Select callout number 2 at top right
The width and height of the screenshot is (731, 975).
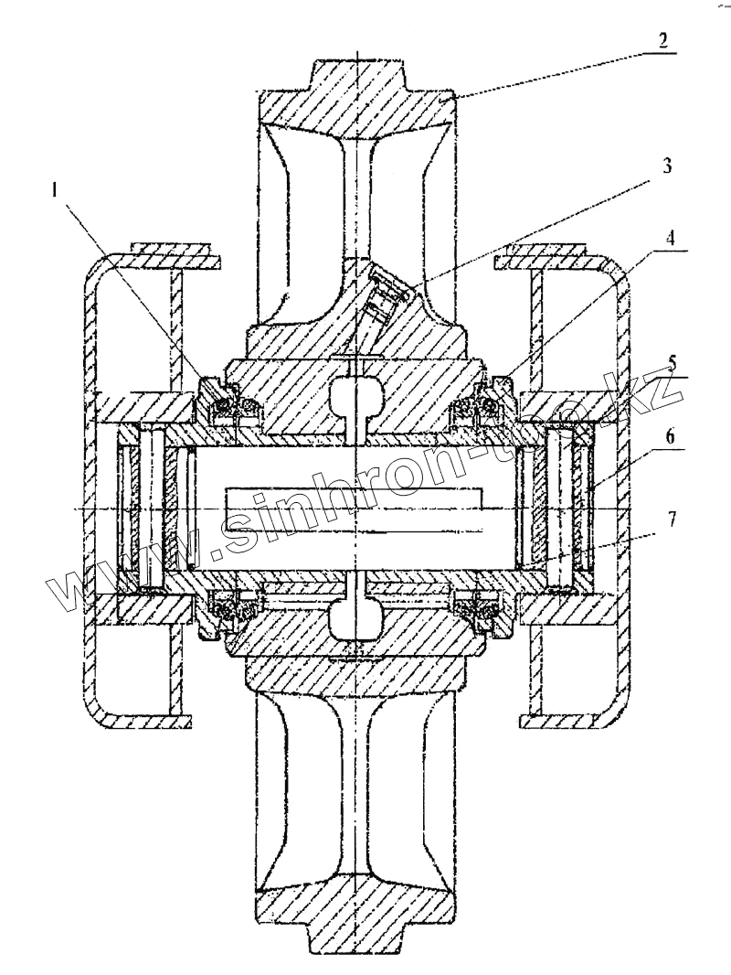click(662, 40)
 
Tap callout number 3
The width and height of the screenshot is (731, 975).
click(667, 166)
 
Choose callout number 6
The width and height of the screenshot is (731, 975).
click(671, 436)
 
